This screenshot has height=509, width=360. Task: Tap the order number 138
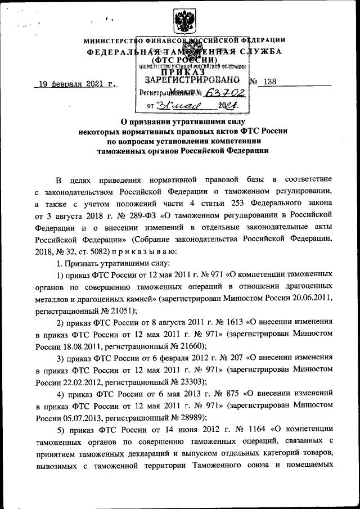click(x=269, y=82)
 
